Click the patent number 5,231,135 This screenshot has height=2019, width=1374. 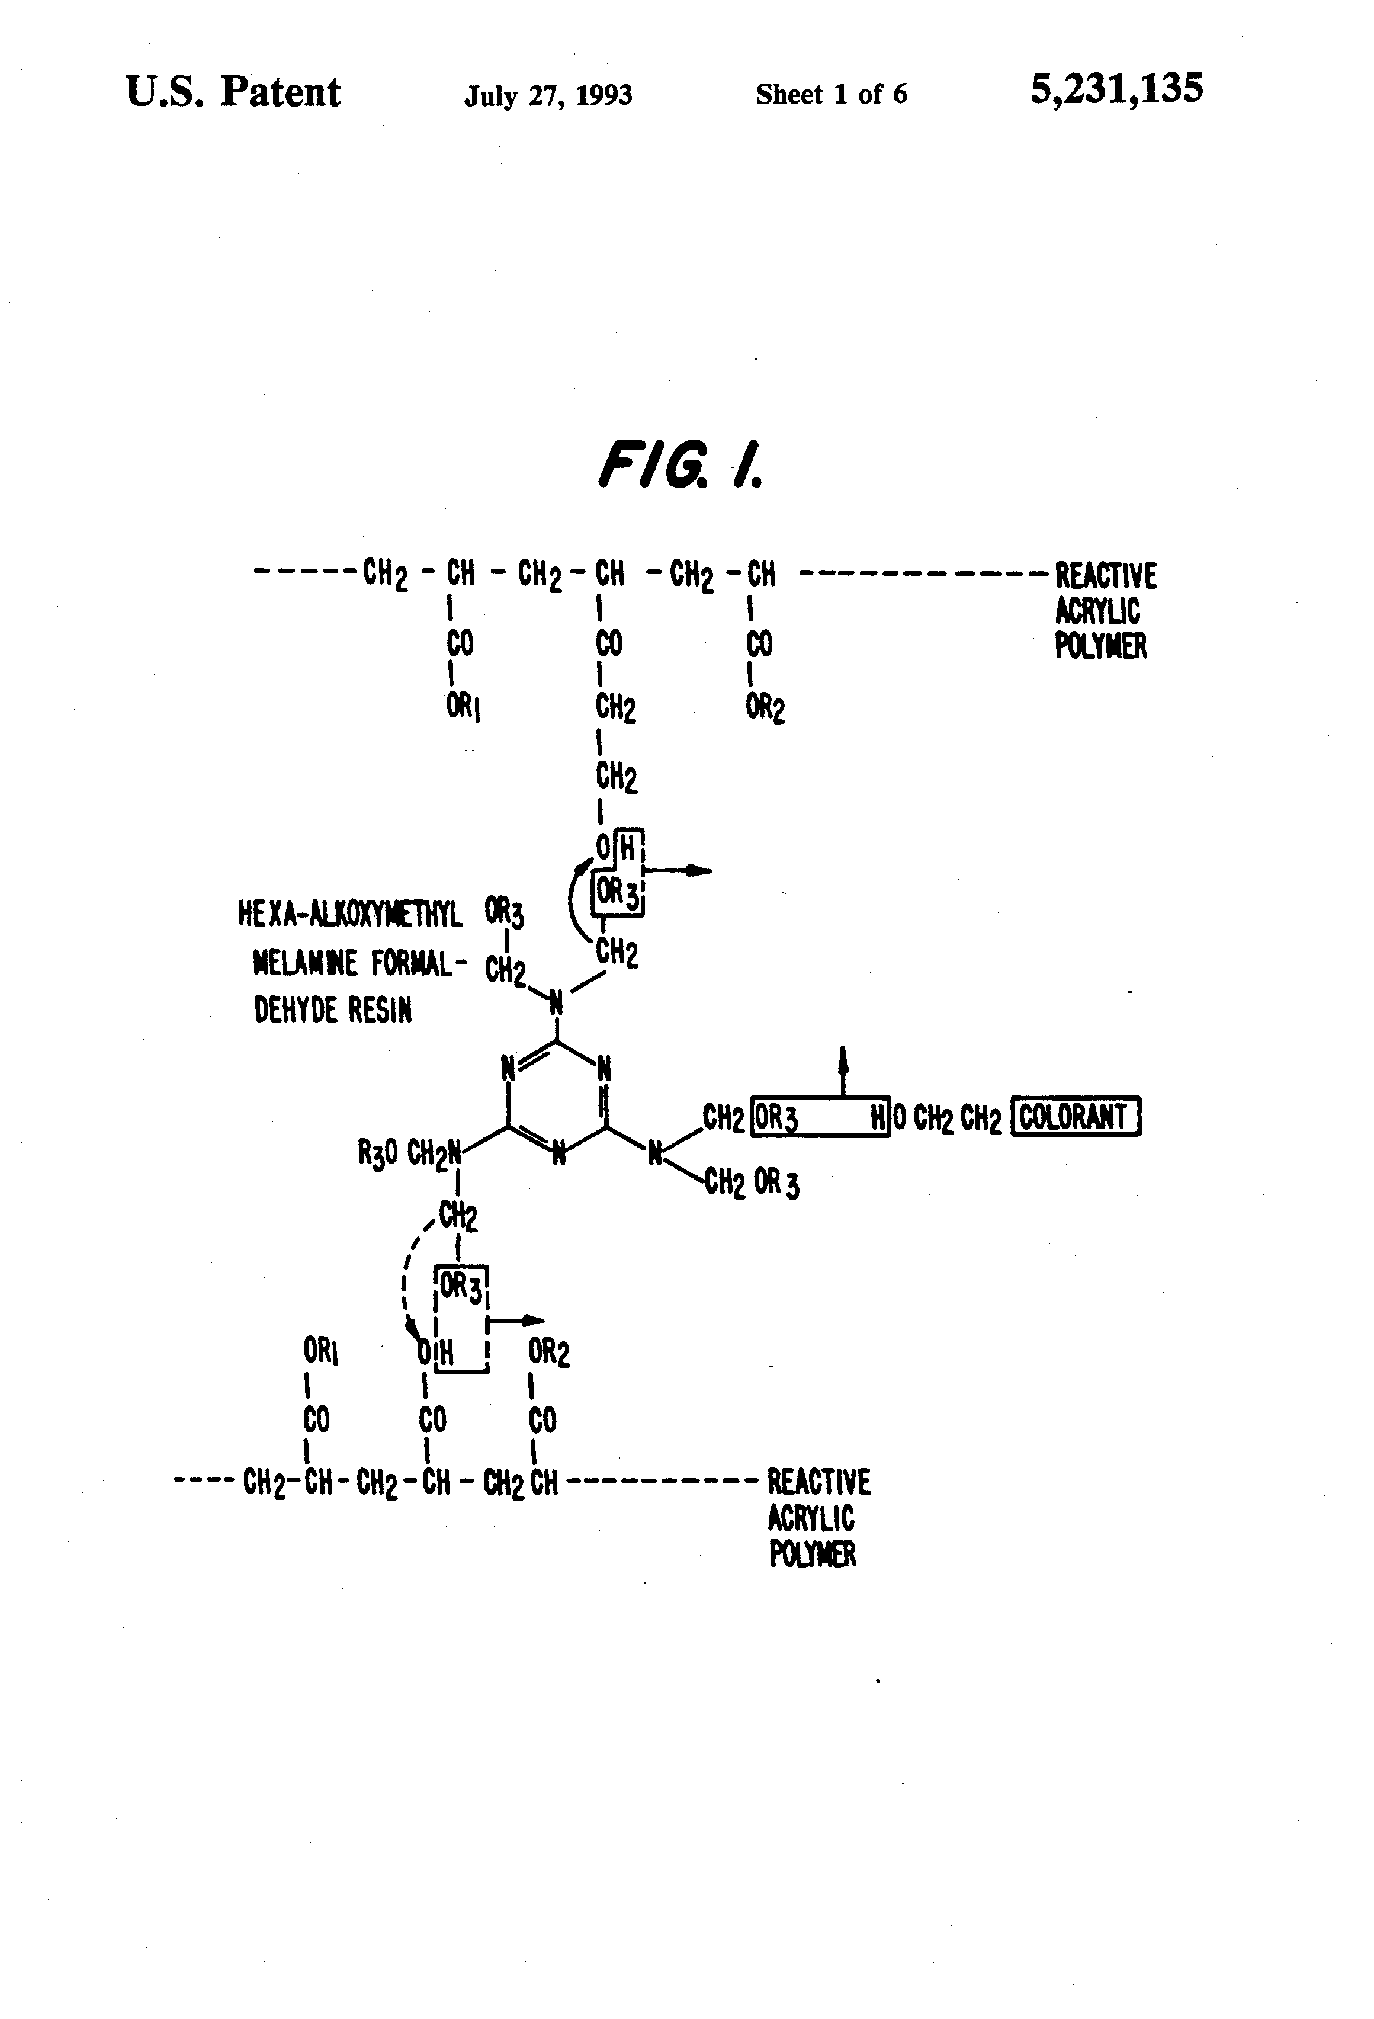click(1116, 89)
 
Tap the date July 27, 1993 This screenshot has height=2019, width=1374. click(548, 95)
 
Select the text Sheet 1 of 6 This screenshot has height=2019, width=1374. click(830, 94)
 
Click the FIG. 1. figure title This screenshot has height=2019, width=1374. click(680, 465)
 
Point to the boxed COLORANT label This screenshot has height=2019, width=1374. click(1076, 1117)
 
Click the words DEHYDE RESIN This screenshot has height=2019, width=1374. click(333, 1009)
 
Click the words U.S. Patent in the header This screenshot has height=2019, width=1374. click(233, 92)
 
